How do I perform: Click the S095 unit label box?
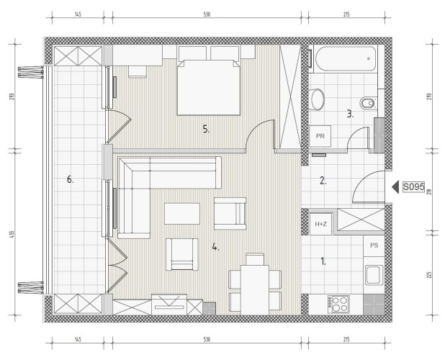coord(414,187)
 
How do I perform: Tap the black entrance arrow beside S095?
coord(395,187)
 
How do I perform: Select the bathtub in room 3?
coord(346,59)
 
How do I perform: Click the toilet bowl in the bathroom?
coord(318,100)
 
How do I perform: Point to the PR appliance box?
coord(320,136)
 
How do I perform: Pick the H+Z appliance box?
coord(320,224)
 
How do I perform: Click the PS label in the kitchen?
coord(374,246)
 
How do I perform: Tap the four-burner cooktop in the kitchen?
coord(338,305)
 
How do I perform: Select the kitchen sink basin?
coord(374,275)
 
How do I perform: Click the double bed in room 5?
coord(209,87)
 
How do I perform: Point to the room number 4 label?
coord(216,248)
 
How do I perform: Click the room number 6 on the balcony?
coord(71,179)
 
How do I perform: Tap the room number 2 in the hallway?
coord(323,181)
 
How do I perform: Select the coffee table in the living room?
coord(182,214)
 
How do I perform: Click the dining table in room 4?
coord(255,289)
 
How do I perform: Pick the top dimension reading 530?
coord(207,14)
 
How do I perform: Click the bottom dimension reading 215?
coord(346,339)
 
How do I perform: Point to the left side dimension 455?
coord(12,234)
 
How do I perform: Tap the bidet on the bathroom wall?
coord(367,103)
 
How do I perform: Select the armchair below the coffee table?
coord(182,254)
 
